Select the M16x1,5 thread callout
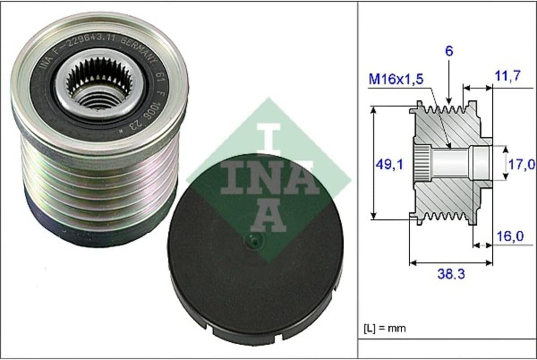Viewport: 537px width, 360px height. [396, 79]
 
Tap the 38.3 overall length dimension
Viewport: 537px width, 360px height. [451, 273]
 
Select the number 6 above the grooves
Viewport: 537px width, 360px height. [448, 51]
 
